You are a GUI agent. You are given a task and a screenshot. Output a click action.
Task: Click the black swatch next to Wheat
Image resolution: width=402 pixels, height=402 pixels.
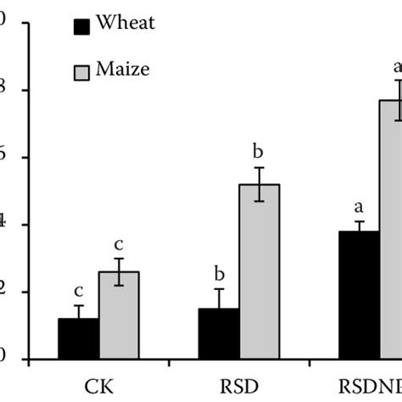point(82,26)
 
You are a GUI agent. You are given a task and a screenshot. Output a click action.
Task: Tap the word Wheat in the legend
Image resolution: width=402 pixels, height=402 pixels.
point(126,23)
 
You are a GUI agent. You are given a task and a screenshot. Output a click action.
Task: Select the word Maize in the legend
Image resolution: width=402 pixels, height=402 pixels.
point(124,69)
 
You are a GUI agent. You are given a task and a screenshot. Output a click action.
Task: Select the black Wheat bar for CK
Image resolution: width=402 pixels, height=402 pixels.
point(78,339)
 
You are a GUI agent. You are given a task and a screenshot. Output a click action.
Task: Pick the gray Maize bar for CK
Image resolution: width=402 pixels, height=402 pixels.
point(119,315)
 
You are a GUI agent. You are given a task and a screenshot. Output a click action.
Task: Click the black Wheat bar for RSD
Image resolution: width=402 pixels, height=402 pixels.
point(218,334)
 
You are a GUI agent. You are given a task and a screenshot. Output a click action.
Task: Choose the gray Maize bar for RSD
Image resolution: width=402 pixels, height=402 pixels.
point(259,271)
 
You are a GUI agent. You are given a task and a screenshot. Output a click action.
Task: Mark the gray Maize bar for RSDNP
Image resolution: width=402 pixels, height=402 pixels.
point(392,229)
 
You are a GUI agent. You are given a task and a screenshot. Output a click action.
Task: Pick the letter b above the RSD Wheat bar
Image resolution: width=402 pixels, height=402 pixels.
point(218,273)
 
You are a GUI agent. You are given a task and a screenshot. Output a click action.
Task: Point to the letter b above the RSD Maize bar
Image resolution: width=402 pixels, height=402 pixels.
point(259,153)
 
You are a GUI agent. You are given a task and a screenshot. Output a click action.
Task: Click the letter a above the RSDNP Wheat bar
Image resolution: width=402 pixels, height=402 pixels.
point(358,206)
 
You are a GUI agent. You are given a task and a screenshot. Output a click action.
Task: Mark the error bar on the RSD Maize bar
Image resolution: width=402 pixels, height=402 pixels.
point(259,184)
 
